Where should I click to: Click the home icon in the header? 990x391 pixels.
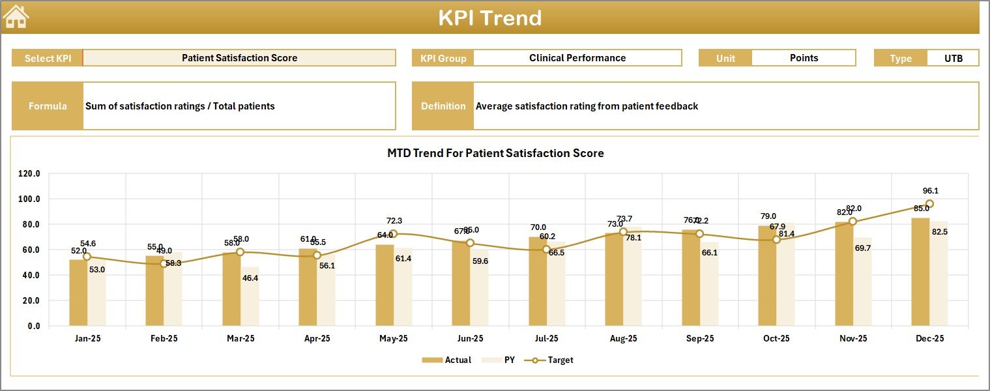tap(16, 17)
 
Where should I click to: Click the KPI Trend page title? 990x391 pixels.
tap(489, 18)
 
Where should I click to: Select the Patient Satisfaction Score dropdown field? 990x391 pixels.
tap(239, 58)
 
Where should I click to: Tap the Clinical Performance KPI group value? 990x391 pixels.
tap(577, 58)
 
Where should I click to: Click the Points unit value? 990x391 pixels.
tap(803, 58)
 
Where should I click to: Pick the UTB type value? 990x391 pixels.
tap(952, 58)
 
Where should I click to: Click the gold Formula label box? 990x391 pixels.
tap(48, 106)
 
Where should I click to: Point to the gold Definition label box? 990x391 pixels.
tap(443, 106)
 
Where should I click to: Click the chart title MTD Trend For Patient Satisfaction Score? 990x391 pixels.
tap(495, 154)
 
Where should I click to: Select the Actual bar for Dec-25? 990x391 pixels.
tap(920, 272)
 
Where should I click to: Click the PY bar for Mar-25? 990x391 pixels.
tap(250, 297)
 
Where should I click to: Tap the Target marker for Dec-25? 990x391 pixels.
tap(929, 204)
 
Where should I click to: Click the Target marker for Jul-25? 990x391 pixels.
tap(546, 250)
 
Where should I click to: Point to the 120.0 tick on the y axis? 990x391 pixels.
tap(29, 174)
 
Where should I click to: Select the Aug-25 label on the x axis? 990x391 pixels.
tap(623, 339)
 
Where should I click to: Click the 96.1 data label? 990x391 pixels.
tap(931, 191)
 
